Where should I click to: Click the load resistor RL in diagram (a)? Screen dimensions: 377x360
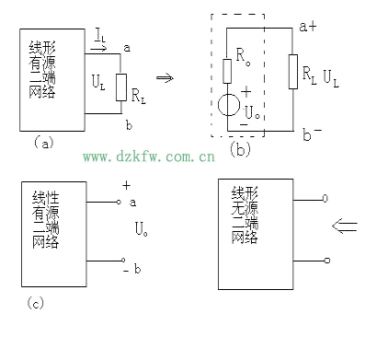coord(121,87)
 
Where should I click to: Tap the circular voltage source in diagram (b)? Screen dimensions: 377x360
coord(229,105)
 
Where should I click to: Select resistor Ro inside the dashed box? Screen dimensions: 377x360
coord(227,71)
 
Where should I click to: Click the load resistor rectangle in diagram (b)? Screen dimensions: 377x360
coord(293,72)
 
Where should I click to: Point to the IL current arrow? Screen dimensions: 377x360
coord(98,49)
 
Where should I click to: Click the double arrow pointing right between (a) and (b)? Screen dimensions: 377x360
coord(165,77)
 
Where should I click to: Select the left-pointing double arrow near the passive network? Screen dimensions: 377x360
coord(345,226)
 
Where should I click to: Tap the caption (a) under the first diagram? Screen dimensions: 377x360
coord(43,143)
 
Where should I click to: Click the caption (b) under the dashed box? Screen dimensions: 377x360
coord(240,149)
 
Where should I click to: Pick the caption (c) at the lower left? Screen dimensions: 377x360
coord(35,303)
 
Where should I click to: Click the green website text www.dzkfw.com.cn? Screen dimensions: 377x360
coord(149,157)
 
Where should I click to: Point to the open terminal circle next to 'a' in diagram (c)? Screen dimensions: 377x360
coord(119,202)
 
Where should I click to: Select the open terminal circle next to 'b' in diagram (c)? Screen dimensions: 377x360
coord(123,261)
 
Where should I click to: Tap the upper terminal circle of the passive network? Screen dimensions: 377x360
coord(326,198)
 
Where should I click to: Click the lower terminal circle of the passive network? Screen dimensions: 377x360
coord(327,261)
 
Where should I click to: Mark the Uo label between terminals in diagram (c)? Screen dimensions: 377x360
coord(141,228)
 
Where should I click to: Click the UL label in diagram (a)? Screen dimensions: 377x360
coord(98,83)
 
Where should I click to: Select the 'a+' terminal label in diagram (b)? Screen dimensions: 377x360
coord(308,27)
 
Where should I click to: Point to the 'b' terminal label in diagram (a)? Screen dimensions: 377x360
coord(129,125)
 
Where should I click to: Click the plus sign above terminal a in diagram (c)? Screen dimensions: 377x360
coord(126,185)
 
